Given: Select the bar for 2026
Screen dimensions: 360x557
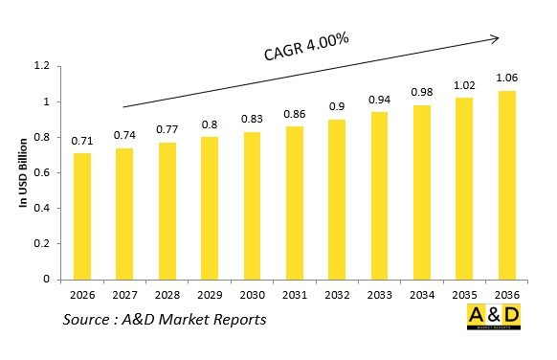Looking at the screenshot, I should pyautogui.click(x=82, y=216).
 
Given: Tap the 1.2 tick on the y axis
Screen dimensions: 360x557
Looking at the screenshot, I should pyautogui.click(x=41, y=66).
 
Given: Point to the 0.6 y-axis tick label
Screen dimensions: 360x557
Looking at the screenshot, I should pyautogui.click(x=41, y=173).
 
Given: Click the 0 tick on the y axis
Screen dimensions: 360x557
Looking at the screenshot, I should pyautogui.click(x=45, y=280).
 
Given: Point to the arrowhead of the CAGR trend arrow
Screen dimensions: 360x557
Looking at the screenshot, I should pyautogui.click(x=495, y=38).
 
